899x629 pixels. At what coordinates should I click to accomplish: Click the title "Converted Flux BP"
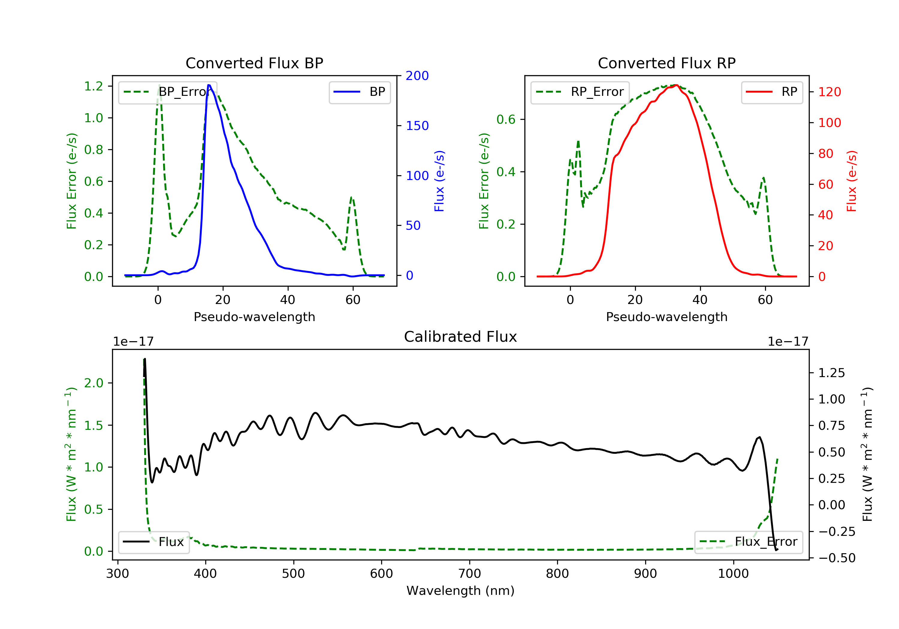pos(254,63)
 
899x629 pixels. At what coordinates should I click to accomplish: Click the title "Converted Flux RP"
pos(666,63)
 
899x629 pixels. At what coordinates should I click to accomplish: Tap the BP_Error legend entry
pos(168,92)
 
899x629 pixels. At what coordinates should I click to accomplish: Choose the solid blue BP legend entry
pos(359,92)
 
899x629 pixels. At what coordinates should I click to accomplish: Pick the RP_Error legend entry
pos(580,92)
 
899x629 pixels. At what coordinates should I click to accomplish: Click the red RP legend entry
pos(772,92)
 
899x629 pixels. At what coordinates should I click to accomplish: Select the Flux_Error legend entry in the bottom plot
pos(748,542)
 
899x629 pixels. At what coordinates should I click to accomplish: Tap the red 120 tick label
pos(829,92)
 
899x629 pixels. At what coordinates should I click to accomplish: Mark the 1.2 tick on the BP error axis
pos(93,86)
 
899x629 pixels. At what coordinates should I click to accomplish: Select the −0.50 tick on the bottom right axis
pos(837,558)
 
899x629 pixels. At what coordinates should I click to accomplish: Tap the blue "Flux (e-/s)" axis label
pos(439,181)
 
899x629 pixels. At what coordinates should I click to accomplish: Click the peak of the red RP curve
pos(676,85)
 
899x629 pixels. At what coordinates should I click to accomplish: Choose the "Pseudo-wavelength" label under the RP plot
pos(666,317)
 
